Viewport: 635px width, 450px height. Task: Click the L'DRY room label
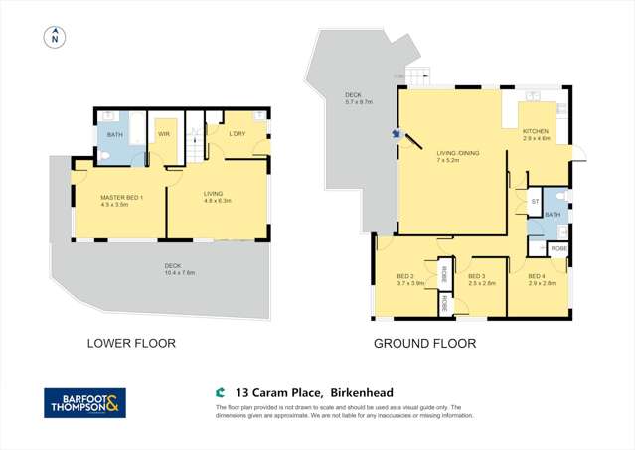coord(238,133)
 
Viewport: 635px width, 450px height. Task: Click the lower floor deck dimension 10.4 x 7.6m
coord(180,272)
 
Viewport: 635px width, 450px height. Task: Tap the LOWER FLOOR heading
coord(131,343)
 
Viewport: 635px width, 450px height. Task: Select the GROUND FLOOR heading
coord(424,343)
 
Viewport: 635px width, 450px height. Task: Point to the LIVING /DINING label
coord(457,152)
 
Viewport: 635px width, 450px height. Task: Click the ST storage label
coord(534,201)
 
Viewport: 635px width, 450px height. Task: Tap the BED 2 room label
coord(404,276)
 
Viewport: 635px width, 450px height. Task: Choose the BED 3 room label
coord(476,276)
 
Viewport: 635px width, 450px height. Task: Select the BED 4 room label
coord(537,276)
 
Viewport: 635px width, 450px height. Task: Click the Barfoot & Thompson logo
coord(85,403)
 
